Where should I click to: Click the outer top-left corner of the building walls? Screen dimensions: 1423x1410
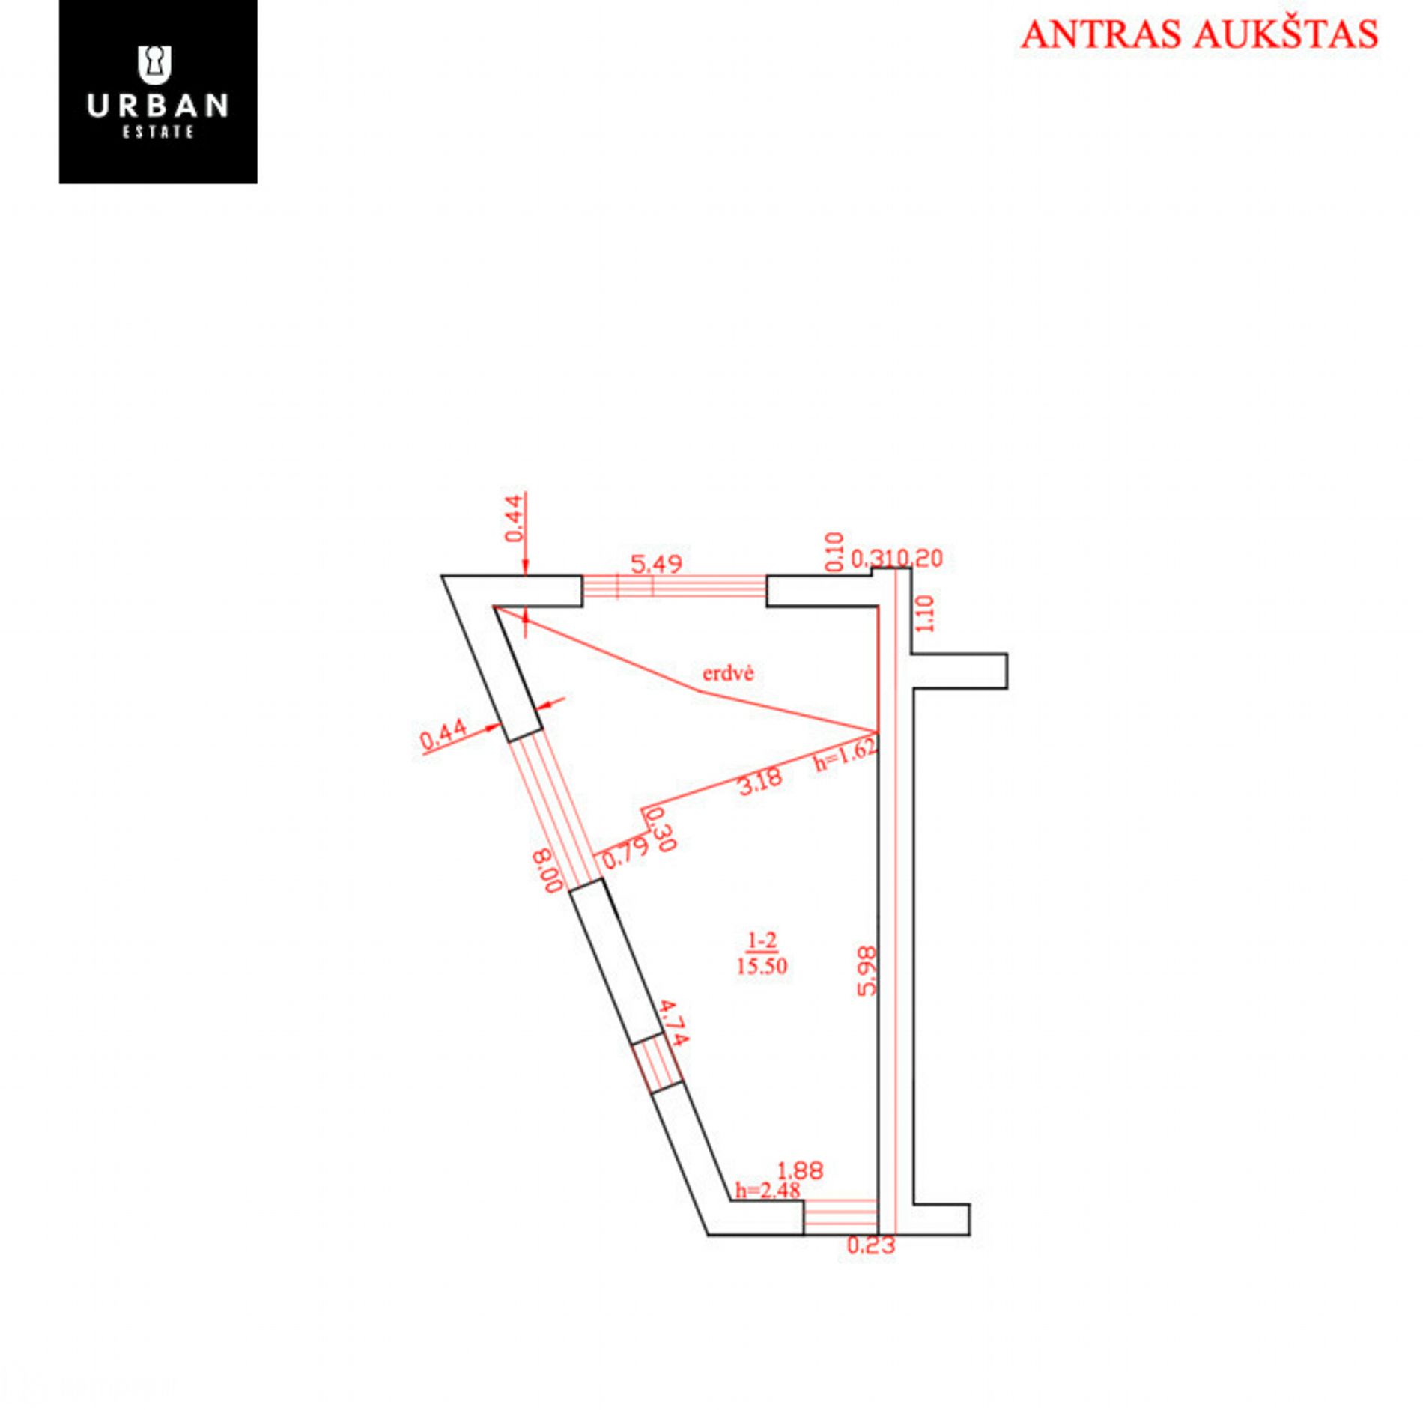pyautogui.click(x=442, y=576)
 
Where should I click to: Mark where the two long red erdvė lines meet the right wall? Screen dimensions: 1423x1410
pyautogui.click(x=877, y=731)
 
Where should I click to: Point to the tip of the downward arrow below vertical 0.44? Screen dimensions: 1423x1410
pyautogui.click(x=526, y=574)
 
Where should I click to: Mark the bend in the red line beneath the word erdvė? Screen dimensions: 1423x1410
pyautogui.click(x=697, y=690)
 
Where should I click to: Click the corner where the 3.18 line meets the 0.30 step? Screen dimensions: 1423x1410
pyautogui.click(x=643, y=809)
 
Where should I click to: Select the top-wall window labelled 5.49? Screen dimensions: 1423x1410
pyautogui.click(x=675, y=586)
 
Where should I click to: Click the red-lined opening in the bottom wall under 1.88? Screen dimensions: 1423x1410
pyautogui.click(x=840, y=1217)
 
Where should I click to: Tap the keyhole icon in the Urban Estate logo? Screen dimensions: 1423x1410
pyautogui.click(x=155, y=64)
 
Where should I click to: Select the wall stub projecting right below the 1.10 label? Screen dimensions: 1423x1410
pyautogui.click(x=959, y=671)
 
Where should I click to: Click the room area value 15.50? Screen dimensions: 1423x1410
pyautogui.click(x=762, y=966)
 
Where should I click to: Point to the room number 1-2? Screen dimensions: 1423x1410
pyautogui.click(x=762, y=940)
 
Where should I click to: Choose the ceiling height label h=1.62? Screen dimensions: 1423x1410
pyautogui.click(x=846, y=755)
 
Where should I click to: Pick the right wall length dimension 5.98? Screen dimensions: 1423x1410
pyautogui.click(x=867, y=970)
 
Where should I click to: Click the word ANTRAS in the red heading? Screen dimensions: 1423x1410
pyautogui.click(x=1104, y=34)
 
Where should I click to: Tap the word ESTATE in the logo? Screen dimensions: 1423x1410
pyautogui.click(x=158, y=132)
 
